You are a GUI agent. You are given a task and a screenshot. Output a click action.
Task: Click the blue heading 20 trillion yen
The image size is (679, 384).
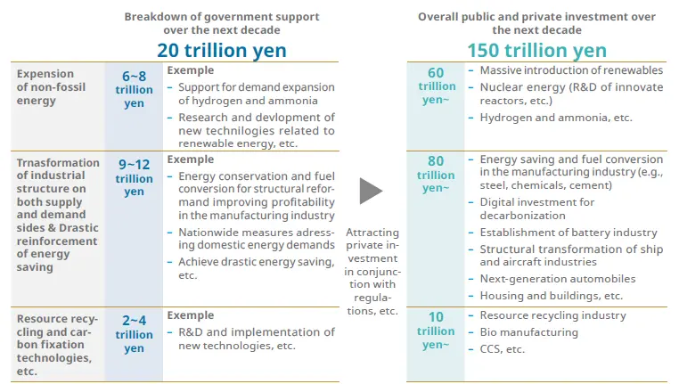click(222, 50)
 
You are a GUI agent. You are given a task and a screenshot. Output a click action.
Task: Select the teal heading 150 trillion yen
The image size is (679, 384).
click(536, 50)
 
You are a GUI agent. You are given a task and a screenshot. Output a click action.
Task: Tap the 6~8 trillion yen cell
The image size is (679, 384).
click(134, 90)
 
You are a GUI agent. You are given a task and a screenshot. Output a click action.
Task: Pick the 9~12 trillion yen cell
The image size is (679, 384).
click(134, 178)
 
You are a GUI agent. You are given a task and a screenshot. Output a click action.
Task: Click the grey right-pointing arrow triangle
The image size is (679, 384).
click(371, 191)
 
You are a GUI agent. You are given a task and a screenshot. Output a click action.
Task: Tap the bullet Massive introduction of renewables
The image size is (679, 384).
click(570, 70)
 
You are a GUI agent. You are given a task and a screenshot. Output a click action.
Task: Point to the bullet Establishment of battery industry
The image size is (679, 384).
click(568, 233)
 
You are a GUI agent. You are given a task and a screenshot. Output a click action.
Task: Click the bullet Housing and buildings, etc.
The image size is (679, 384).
click(551, 296)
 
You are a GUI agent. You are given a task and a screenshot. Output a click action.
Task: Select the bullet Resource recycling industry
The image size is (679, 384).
click(552, 315)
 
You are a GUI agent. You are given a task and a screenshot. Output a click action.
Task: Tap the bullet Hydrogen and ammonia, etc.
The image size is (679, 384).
click(555, 118)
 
